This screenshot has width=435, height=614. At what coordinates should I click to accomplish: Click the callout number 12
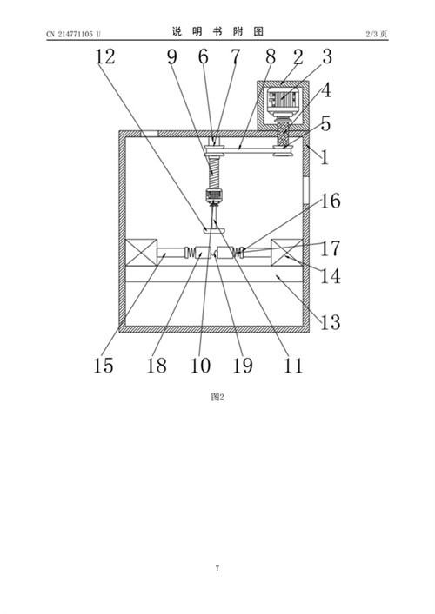[x=105, y=56]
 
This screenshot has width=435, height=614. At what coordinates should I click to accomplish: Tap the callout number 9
[x=171, y=57]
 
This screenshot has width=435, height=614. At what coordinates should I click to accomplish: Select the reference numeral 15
[x=104, y=366]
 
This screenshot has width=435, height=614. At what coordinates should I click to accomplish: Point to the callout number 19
[x=243, y=366]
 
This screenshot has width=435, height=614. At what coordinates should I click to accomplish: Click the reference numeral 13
[x=331, y=322]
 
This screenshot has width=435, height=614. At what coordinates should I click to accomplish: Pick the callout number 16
[x=331, y=201]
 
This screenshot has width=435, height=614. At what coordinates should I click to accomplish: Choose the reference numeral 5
[x=325, y=124]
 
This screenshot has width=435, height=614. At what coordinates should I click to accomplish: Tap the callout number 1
[x=325, y=158]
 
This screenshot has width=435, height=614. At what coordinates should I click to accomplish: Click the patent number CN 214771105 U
[x=73, y=34]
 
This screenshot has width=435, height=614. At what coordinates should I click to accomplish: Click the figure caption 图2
[x=217, y=397]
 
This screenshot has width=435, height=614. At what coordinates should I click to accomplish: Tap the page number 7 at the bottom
[x=217, y=568]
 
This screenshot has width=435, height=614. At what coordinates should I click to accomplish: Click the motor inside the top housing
[x=284, y=100]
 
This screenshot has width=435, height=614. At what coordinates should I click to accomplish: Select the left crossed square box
[x=141, y=253]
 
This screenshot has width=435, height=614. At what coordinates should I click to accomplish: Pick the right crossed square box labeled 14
[x=287, y=253]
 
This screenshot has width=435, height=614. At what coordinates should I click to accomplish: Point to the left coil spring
[x=190, y=253]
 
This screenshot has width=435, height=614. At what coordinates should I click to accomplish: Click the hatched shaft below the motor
[x=284, y=134]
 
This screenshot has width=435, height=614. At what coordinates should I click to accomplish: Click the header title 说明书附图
[x=217, y=31]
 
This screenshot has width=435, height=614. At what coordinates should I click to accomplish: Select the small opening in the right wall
[x=306, y=191]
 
